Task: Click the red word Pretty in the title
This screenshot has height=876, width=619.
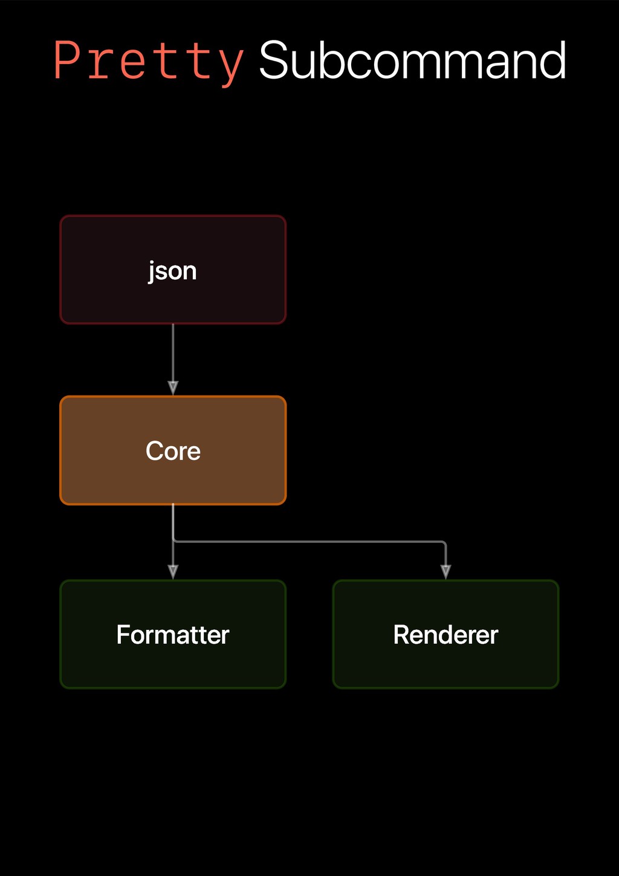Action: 148,60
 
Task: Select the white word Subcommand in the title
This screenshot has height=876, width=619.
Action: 412,60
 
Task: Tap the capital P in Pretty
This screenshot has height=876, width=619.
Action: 67,60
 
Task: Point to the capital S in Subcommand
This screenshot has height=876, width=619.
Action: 273,60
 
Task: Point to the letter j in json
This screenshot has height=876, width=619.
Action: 152,271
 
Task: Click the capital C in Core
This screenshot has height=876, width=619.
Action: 154,451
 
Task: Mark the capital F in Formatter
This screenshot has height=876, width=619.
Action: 123,635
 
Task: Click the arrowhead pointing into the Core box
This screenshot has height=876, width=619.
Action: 173,388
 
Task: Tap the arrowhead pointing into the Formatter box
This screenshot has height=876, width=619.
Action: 173,571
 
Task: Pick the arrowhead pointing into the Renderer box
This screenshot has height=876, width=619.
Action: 446,571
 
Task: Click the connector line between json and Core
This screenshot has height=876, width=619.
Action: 173,354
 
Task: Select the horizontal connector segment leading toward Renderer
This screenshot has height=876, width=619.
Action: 308,542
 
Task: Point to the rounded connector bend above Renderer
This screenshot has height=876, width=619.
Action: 444,543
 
